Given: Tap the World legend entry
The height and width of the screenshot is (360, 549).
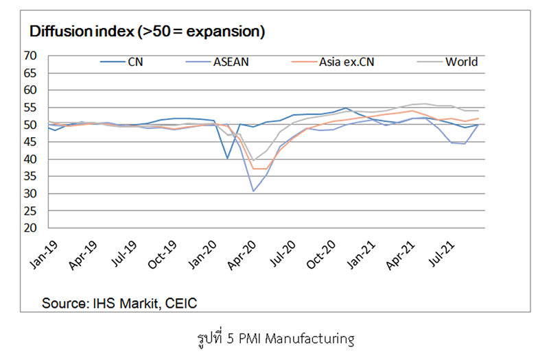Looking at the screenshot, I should pos(461,62).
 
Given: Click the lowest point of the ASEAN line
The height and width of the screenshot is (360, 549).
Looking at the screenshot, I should pos(253,191).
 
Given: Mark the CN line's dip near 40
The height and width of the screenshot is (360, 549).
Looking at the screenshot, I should pos(227,158).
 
